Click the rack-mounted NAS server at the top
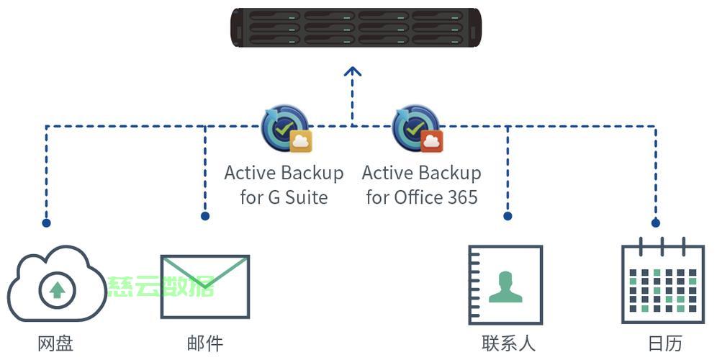[356, 27]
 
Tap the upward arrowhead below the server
[353, 71]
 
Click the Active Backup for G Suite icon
[287, 128]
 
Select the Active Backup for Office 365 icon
[417, 128]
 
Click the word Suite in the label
[306, 197]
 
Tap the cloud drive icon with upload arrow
[57, 284]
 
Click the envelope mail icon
[205, 287]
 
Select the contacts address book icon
[505, 285]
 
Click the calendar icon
[663, 280]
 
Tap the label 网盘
[55, 343]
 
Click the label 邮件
[205, 343]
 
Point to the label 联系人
[508, 343]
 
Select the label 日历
[665, 343]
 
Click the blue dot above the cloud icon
[46, 222]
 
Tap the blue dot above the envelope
[205, 216]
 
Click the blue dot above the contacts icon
[508, 216]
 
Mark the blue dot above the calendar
[656, 222]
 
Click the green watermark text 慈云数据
[161, 287]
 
